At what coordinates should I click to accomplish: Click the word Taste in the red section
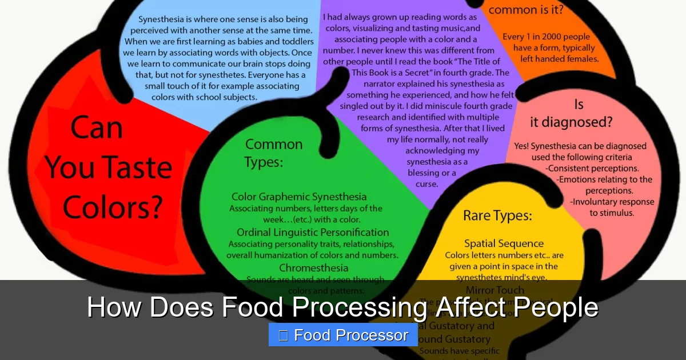tap(133, 167)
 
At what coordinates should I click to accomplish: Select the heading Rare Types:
tap(497, 215)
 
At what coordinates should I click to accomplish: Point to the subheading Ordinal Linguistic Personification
tap(313, 232)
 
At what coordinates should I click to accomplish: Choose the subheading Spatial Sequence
tap(504, 244)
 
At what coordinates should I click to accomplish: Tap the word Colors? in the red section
tap(113, 207)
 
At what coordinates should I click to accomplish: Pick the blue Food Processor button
tap(343, 335)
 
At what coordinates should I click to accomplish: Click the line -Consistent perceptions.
tap(592, 169)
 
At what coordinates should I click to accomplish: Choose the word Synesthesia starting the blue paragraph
tap(156, 19)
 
